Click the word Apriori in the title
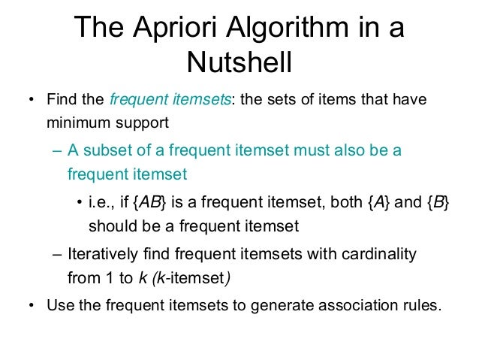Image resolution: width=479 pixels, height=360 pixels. click(173, 30)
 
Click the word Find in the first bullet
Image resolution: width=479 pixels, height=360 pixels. click(62, 99)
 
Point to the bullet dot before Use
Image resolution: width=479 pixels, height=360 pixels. click(30, 307)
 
